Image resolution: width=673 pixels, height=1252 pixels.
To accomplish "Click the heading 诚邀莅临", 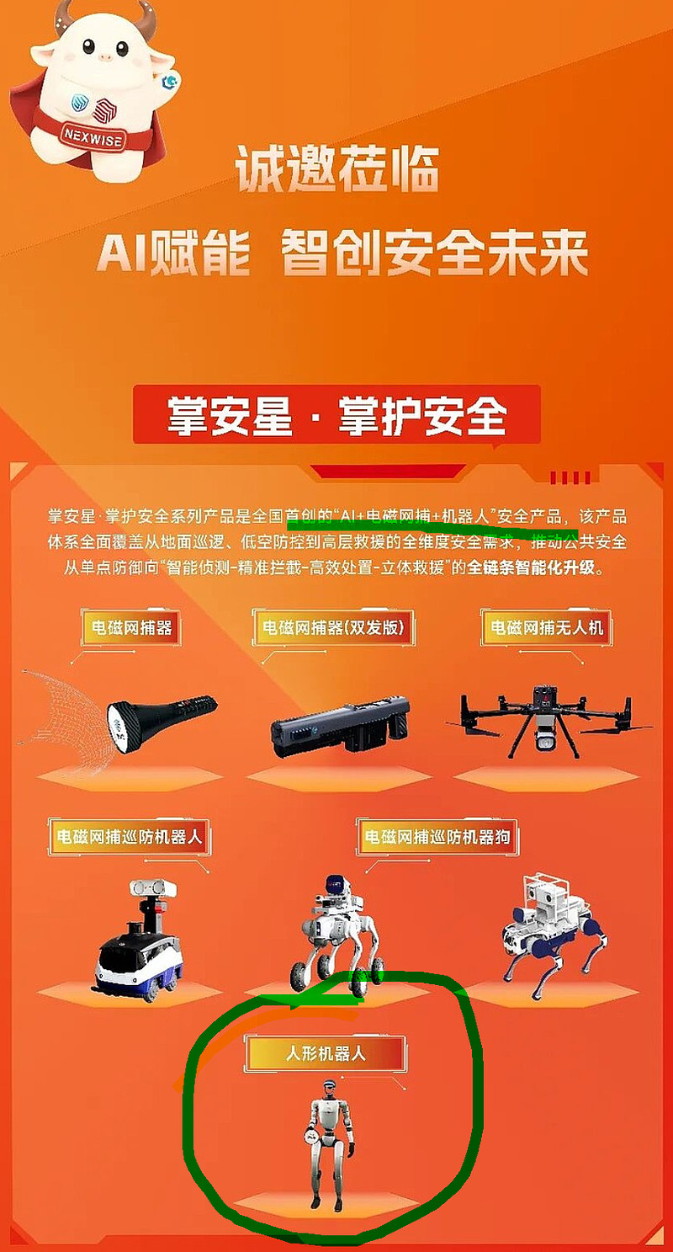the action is tap(336, 168).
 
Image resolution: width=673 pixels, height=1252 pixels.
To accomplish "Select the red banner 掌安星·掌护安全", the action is tap(336, 415).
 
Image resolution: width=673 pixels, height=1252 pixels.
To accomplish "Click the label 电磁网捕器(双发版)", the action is tap(333, 627).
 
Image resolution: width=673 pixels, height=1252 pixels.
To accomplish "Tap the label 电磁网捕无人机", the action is tap(546, 627).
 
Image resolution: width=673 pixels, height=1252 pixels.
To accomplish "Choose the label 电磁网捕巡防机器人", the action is tap(129, 837).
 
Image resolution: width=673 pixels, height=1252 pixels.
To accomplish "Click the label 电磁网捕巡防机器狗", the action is tap(437, 837).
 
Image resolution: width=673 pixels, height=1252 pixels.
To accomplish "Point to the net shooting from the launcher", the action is tap(64, 712).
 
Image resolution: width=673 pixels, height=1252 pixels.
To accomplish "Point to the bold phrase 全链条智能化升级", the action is tap(531, 567).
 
